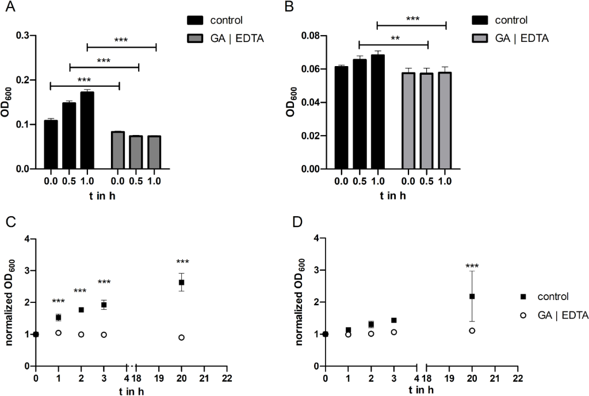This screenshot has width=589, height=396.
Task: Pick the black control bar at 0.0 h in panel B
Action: pos(341,118)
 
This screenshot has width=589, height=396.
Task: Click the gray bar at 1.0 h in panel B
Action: pos(445,120)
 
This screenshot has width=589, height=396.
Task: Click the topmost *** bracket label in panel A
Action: pos(121,40)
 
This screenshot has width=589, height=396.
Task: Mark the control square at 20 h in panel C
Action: pos(182,282)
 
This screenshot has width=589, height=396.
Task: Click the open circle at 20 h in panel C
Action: pos(182,337)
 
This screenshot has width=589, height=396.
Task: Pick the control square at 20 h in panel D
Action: pos(472,296)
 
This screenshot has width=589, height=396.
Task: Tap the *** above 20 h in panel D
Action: pos(472,267)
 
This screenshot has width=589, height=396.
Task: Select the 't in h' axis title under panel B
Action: pos(392,195)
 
